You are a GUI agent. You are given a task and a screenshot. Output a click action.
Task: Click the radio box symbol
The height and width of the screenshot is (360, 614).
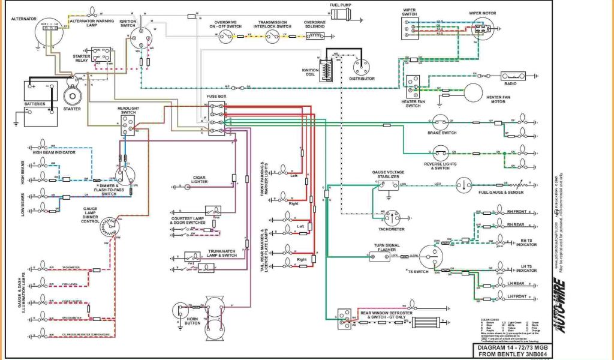click(x=513, y=76)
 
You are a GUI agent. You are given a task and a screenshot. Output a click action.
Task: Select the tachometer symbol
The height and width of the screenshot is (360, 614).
click(x=393, y=218)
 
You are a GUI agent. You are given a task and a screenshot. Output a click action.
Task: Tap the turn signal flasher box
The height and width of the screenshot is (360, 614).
click(x=379, y=257)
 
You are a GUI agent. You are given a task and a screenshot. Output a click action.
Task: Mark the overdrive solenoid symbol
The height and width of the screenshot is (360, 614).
click(x=314, y=36)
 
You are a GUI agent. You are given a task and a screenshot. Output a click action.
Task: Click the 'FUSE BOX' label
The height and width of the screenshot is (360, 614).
click(x=218, y=97)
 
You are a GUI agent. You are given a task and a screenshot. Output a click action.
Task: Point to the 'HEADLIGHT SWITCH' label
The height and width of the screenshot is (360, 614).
click(x=128, y=110)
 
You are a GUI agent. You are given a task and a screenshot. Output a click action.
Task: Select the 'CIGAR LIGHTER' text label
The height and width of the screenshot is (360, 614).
click(x=199, y=179)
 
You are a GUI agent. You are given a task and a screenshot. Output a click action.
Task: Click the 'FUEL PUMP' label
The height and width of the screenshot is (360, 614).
click(x=340, y=5)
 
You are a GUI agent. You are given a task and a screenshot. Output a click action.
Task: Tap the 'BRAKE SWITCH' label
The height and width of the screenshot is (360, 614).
click(x=442, y=133)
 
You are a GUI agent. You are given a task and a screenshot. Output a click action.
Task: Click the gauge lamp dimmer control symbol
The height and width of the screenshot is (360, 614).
click(x=109, y=227)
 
